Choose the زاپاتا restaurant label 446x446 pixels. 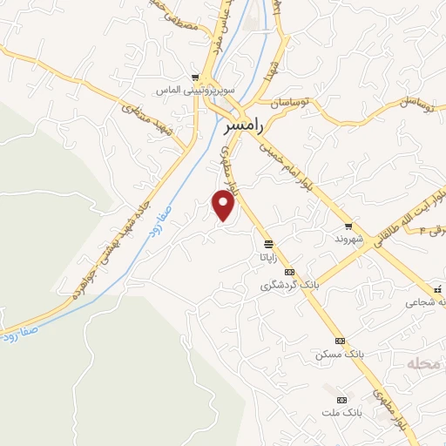click(266, 258)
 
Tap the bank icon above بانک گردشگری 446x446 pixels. click(290, 271)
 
